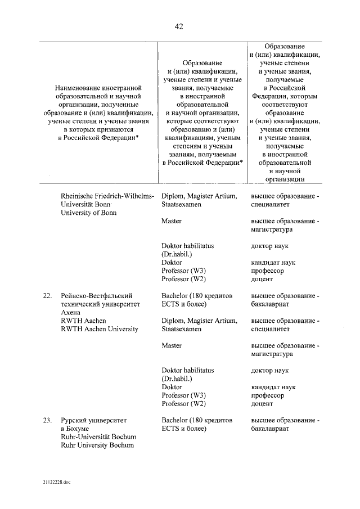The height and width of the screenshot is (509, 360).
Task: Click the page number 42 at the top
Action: (x=179, y=26)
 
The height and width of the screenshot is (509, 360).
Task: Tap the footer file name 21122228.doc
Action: (x=55, y=482)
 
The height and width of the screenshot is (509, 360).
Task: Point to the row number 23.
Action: (x=47, y=420)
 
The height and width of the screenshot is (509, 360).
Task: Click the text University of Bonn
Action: (x=87, y=213)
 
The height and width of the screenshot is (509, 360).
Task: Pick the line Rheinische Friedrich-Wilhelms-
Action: (x=107, y=196)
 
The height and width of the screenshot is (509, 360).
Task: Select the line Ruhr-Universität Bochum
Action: (x=98, y=436)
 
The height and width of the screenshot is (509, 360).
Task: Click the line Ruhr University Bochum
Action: (x=97, y=445)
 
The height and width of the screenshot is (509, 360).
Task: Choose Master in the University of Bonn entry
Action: (x=171, y=222)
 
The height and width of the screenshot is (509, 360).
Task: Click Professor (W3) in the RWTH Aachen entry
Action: (x=183, y=395)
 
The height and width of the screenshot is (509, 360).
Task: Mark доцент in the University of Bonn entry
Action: (x=262, y=280)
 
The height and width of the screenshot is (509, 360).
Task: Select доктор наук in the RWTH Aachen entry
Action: (x=269, y=371)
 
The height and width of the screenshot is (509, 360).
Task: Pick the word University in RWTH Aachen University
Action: (x=120, y=329)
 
